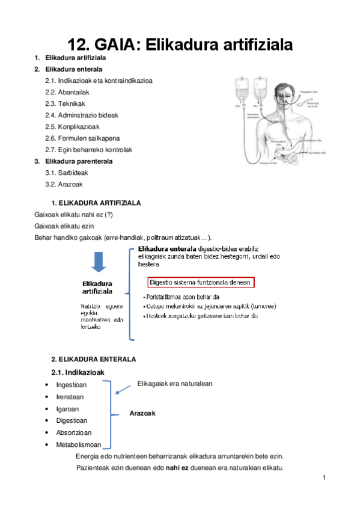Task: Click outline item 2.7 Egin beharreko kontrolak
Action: tap(88, 150)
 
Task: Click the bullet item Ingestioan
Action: tap(71, 385)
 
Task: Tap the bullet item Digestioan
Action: tap(72, 421)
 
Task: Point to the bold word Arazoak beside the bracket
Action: tap(143, 413)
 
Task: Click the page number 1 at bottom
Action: tap(323, 478)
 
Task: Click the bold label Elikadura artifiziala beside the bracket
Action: tap(97, 287)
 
